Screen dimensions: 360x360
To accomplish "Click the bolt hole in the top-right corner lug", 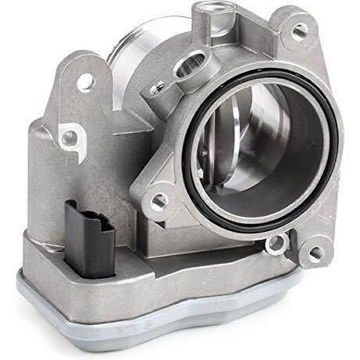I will [x=298, y=31].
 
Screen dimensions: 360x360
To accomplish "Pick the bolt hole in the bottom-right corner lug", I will [x=315, y=253].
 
